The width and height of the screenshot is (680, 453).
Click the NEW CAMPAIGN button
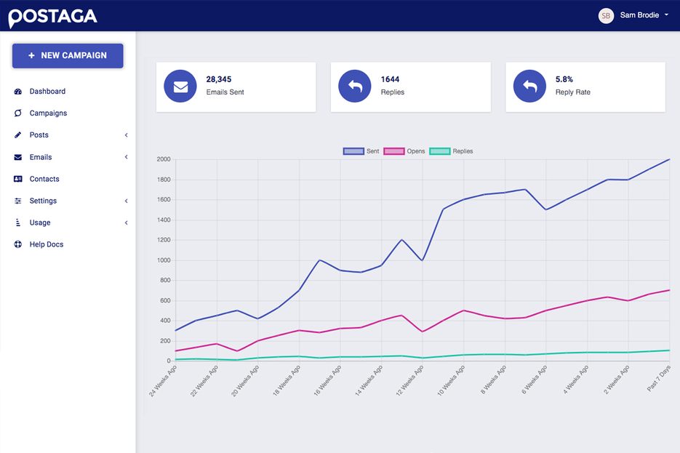tap(68, 55)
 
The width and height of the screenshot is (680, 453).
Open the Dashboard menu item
tap(47, 92)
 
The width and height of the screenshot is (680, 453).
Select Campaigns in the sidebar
tap(48, 113)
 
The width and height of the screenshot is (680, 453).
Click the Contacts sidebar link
tap(44, 179)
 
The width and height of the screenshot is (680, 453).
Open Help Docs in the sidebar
tap(47, 244)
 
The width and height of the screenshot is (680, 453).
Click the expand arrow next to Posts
tap(126, 135)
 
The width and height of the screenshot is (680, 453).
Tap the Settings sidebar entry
tap(43, 201)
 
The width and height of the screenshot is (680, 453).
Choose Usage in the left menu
tap(40, 223)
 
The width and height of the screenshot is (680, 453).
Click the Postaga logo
tap(52, 16)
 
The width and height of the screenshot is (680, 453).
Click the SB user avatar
tap(606, 15)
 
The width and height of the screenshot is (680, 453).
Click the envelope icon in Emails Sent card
tap(180, 87)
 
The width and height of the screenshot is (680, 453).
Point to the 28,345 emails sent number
tap(218, 79)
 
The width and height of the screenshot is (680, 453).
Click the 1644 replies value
tap(390, 79)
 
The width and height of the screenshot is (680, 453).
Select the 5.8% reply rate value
tap(564, 79)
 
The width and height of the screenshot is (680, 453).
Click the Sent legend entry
tap(361, 151)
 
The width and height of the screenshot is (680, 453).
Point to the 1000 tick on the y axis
tap(163, 260)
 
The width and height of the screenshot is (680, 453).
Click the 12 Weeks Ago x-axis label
tap(409, 382)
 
